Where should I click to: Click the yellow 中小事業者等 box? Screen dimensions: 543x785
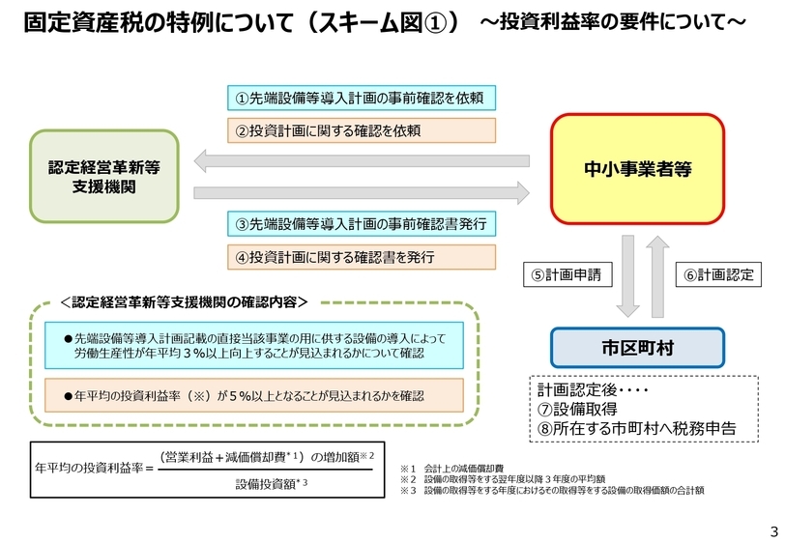coord(637,167)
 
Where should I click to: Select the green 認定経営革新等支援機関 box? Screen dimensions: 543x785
coord(103,176)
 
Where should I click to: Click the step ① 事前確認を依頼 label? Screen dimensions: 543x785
coord(361,98)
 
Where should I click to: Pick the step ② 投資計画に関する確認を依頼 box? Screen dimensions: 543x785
coord(361,129)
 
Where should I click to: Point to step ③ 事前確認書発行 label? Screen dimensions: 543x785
coord(361,224)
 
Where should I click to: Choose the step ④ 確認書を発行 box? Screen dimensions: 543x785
coord(361,257)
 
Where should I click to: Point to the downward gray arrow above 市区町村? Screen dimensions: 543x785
coord(627,277)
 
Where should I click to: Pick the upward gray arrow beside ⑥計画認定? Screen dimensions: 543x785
coord(659,275)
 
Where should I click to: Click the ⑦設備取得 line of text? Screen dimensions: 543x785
coord(578,409)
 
